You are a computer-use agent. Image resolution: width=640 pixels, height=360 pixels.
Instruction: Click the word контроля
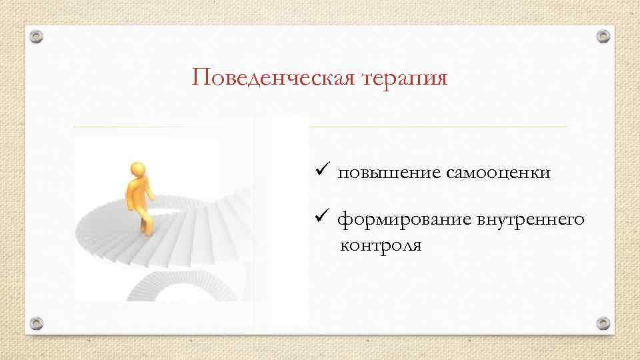[x=381, y=245]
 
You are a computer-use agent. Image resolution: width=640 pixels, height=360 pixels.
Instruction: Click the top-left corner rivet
[x=37, y=36]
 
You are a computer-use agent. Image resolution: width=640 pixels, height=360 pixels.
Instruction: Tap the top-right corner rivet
[x=603, y=36]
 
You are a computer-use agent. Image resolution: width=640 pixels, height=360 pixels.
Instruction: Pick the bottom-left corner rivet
[x=37, y=323]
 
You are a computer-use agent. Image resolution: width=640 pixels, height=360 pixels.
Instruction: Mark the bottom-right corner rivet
[x=603, y=323]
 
